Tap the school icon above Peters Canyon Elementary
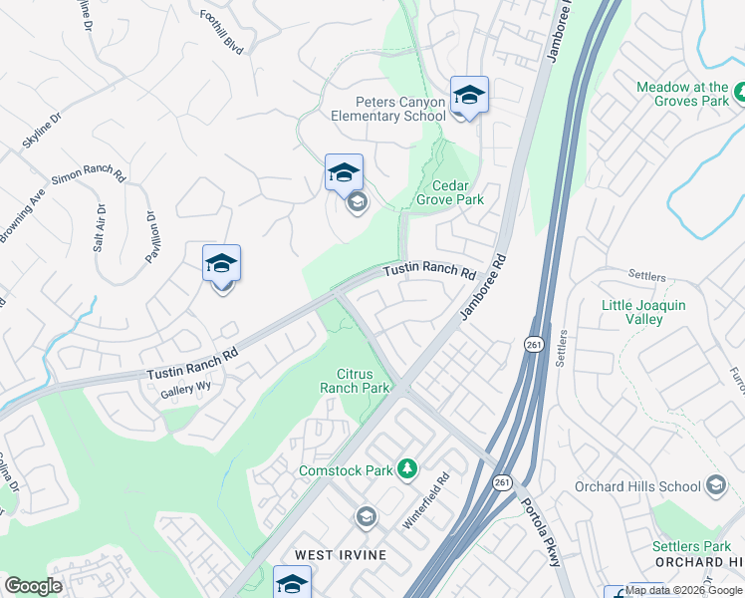click(x=469, y=96)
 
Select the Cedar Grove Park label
click(x=457, y=192)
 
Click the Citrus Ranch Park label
click(x=355, y=380)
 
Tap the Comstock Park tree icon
click(x=406, y=467)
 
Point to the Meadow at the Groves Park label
click(x=682, y=94)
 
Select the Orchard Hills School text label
click(x=637, y=486)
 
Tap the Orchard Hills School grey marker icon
click(x=715, y=485)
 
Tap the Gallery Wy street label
click(x=186, y=392)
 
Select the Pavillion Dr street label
click(x=152, y=234)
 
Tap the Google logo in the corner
click(x=33, y=586)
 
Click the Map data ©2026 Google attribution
click(x=684, y=590)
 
